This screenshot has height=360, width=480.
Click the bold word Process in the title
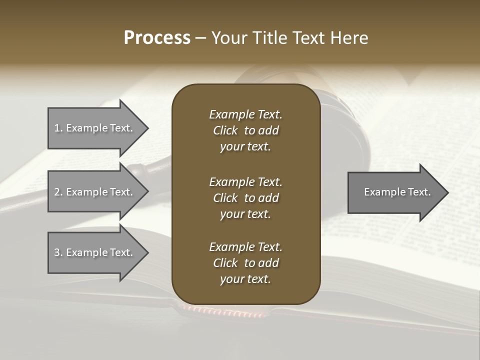157,38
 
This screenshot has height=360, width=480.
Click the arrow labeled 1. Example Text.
95,128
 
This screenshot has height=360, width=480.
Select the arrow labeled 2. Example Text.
95,192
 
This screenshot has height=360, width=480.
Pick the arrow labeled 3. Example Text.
95,252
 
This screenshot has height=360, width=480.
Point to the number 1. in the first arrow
58,128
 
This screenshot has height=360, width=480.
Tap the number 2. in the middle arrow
58,192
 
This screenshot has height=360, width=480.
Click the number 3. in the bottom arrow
58,252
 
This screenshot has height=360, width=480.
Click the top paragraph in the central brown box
245,130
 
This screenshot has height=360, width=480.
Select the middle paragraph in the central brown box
245,198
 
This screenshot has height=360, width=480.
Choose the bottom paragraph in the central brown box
245,263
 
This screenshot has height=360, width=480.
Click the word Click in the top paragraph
225,130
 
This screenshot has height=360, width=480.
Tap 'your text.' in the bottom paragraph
245,279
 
